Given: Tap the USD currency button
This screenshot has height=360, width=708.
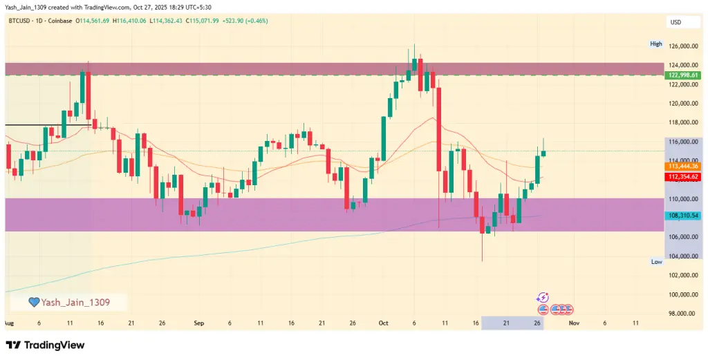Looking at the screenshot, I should tap(676, 23).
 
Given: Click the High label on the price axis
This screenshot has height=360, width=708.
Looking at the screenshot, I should tap(656, 44).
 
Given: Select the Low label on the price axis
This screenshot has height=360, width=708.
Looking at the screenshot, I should tap(657, 262).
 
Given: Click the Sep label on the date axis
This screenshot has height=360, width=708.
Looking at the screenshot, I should tap(199, 323).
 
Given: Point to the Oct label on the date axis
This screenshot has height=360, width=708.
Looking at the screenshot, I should tap(384, 323).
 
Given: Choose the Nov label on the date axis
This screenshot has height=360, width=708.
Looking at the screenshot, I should tap(572, 323).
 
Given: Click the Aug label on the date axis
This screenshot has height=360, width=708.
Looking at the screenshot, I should tap(9, 323).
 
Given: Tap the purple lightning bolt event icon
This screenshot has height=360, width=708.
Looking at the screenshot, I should tap(543, 297).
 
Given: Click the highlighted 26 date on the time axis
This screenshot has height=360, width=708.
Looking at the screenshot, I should tap(537, 323).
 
